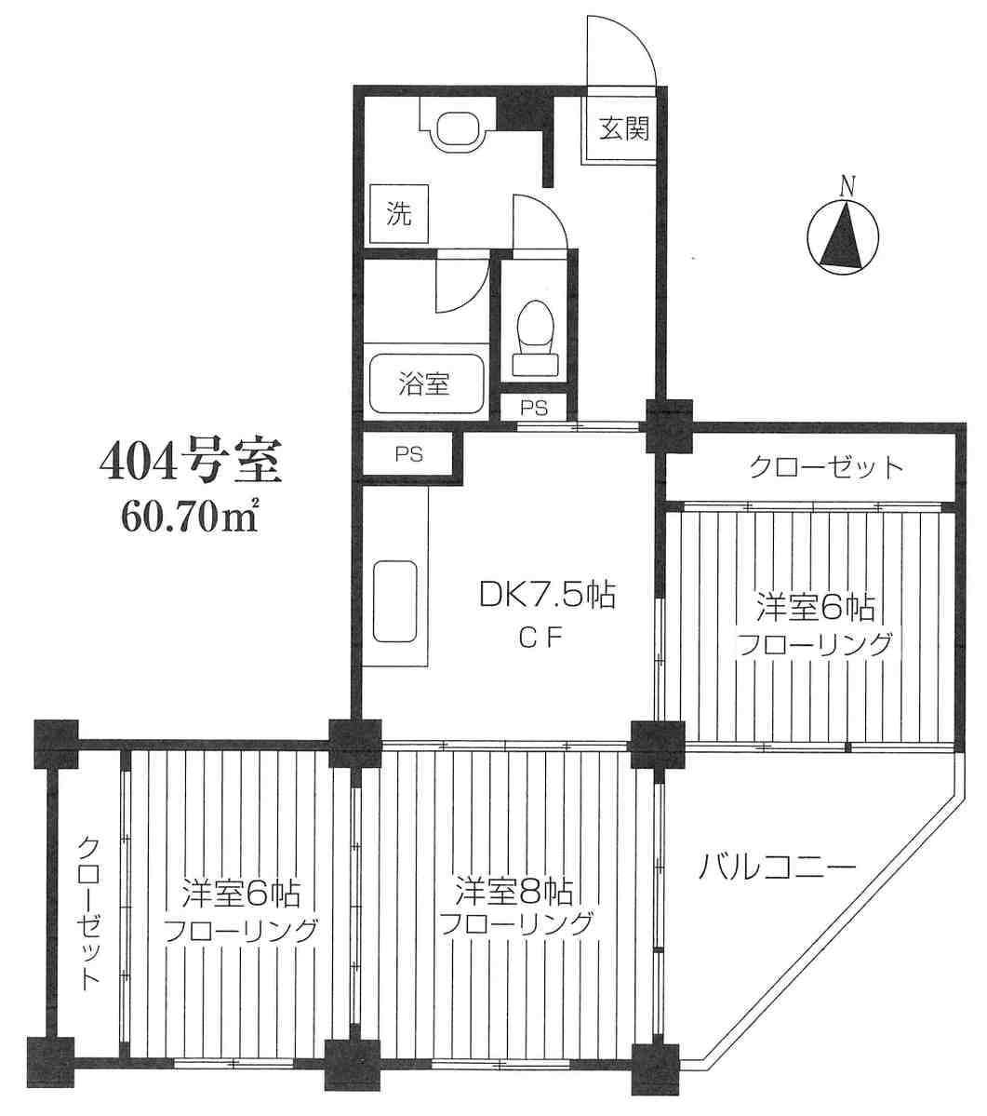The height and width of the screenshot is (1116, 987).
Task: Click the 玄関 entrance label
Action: click(x=623, y=128)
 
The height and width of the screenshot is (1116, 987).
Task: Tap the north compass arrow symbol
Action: click(x=844, y=237)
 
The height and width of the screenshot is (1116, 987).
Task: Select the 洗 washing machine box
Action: click(x=399, y=213)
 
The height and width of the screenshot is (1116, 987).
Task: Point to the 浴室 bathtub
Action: click(x=424, y=384)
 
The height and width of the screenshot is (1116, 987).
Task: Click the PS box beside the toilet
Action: click(x=534, y=408)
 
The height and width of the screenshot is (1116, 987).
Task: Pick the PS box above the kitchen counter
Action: click(x=409, y=454)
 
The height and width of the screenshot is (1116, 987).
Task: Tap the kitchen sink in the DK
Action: click(x=395, y=601)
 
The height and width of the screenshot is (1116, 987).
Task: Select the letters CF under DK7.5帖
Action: click(x=540, y=639)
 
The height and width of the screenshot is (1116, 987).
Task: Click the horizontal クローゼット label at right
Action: click(x=825, y=467)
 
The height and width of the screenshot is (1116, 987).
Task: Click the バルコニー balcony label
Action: click(x=777, y=867)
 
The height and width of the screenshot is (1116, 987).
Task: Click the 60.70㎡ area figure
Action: click(x=189, y=518)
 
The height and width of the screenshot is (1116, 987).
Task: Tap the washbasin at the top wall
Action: click(x=458, y=123)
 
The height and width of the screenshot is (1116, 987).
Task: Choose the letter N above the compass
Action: click(x=847, y=186)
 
